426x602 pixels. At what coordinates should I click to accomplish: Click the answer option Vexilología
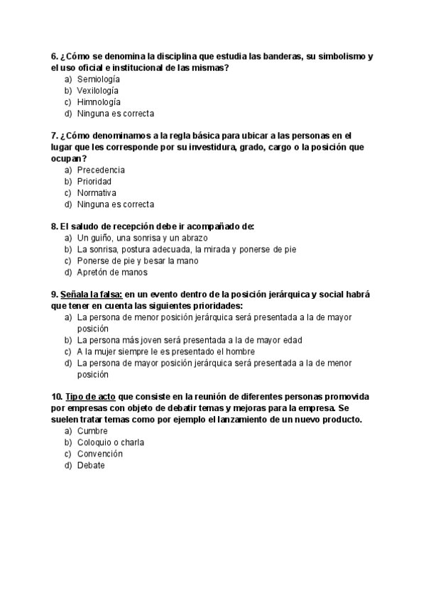tap(98, 91)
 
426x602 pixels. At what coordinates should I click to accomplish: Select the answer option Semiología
tap(98, 80)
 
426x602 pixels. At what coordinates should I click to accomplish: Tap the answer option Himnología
tap(98, 102)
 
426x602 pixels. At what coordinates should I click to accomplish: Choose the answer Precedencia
tap(101, 170)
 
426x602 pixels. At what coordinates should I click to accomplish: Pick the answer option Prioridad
tap(94, 182)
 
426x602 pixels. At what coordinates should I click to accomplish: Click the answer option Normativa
tap(97, 193)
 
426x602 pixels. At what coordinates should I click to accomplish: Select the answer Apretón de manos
tap(112, 272)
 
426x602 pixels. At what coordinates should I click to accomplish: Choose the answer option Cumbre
tap(92, 431)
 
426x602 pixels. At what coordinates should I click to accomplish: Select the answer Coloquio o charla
tap(111, 442)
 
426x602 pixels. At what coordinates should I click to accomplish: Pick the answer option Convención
tap(100, 454)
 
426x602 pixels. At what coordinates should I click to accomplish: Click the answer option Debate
tap(91, 465)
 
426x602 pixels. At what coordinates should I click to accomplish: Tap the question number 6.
tap(55, 56)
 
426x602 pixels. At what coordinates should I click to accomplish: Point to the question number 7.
tap(55, 136)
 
